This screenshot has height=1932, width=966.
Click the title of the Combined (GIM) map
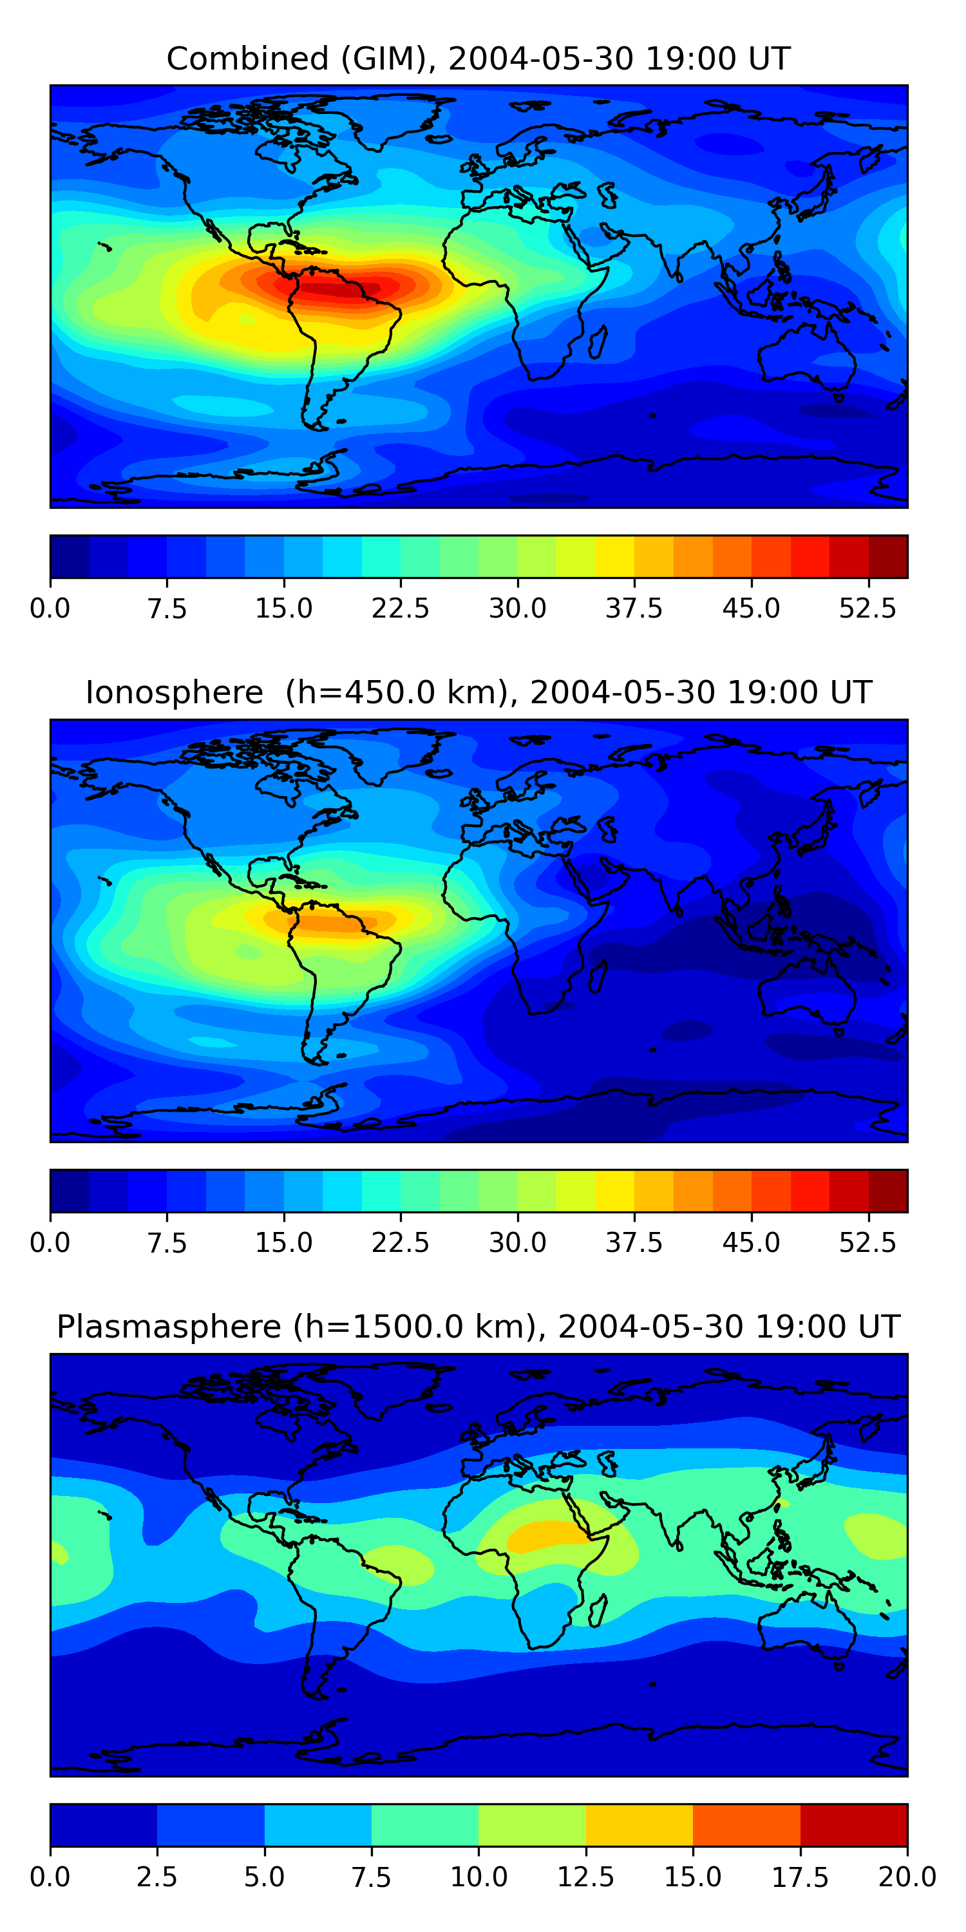pos(478,59)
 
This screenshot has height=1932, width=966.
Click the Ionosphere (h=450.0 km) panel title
pos(478,692)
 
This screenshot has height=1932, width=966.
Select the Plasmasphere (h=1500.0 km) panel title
pos(478,1327)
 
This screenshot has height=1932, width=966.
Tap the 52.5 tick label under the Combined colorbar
pos(867,608)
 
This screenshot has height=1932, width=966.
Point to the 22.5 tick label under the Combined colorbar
pos(401,608)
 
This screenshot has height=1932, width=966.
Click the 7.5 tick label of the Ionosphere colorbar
pos(167,1243)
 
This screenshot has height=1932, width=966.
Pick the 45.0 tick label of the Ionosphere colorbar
pos(751,1243)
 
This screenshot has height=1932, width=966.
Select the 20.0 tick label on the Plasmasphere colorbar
pos(907,1877)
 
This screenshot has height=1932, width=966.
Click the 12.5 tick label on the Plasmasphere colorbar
pos(586,1877)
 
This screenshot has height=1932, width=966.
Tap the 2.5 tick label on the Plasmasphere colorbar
pos(156,1877)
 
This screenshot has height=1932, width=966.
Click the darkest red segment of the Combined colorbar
pos(888,556)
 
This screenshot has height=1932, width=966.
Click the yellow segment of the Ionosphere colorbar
pos(615,1191)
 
